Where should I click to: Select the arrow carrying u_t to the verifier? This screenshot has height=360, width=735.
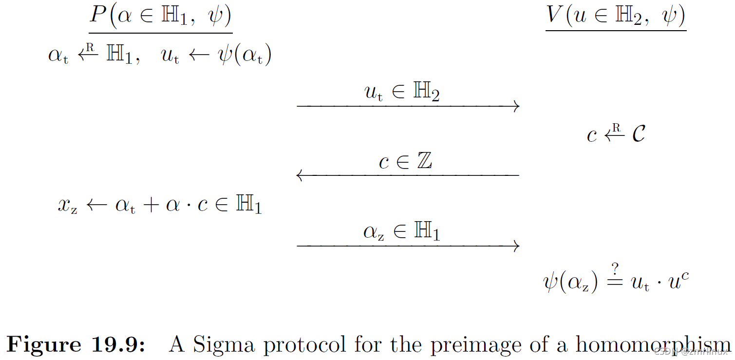(x=408, y=106)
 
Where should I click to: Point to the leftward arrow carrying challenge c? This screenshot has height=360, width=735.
(x=408, y=175)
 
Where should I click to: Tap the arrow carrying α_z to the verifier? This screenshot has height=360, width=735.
(x=408, y=246)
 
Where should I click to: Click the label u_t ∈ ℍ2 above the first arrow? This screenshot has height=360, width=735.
(x=402, y=92)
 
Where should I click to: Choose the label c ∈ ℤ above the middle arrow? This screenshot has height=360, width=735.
(x=405, y=162)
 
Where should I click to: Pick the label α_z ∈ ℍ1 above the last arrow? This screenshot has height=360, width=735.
(x=401, y=232)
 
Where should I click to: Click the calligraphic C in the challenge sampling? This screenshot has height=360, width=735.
(x=638, y=133)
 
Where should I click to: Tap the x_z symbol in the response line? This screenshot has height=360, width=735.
(x=68, y=206)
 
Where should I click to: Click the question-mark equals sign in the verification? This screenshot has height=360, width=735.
(x=615, y=279)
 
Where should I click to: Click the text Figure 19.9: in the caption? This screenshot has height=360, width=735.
(x=76, y=344)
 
